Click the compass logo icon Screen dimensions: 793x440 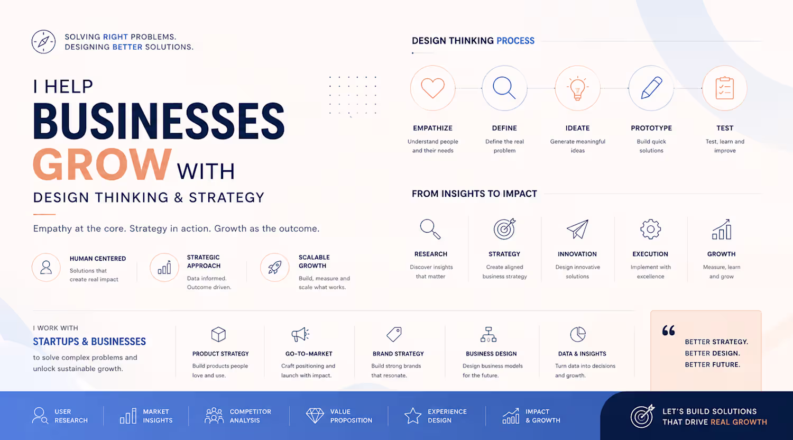(43, 42)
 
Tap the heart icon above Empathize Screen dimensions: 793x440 (432, 88)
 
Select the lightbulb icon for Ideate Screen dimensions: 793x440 (577, 88)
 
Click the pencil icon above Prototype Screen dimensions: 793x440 (651, 87)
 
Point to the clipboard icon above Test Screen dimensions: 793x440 (724, 88)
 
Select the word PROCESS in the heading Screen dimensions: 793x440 (515, 41)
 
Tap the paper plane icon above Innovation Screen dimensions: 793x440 (577, 229)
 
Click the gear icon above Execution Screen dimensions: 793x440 (650, 229)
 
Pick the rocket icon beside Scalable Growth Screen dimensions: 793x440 (275, 268)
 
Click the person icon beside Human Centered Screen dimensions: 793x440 (46, 267)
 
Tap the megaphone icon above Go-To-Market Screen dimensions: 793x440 (300, 334)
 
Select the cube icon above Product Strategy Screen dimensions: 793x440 (218, 334)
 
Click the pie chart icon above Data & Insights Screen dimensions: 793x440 (578, 334)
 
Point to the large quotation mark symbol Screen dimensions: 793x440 (668, 330)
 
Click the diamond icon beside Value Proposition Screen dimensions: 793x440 (315, 416)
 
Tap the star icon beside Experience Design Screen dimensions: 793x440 (413, 416)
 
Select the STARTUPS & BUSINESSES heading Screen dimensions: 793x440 (89, 342)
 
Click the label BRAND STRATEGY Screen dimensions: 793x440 (398, 354)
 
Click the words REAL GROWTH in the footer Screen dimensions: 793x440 (739, 422)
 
